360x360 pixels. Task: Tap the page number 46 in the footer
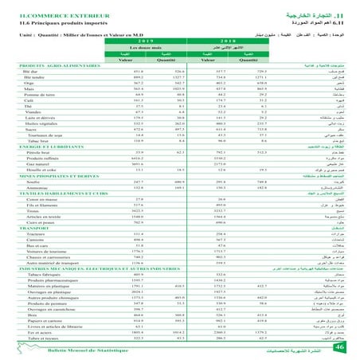click(x=339, y=346)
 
